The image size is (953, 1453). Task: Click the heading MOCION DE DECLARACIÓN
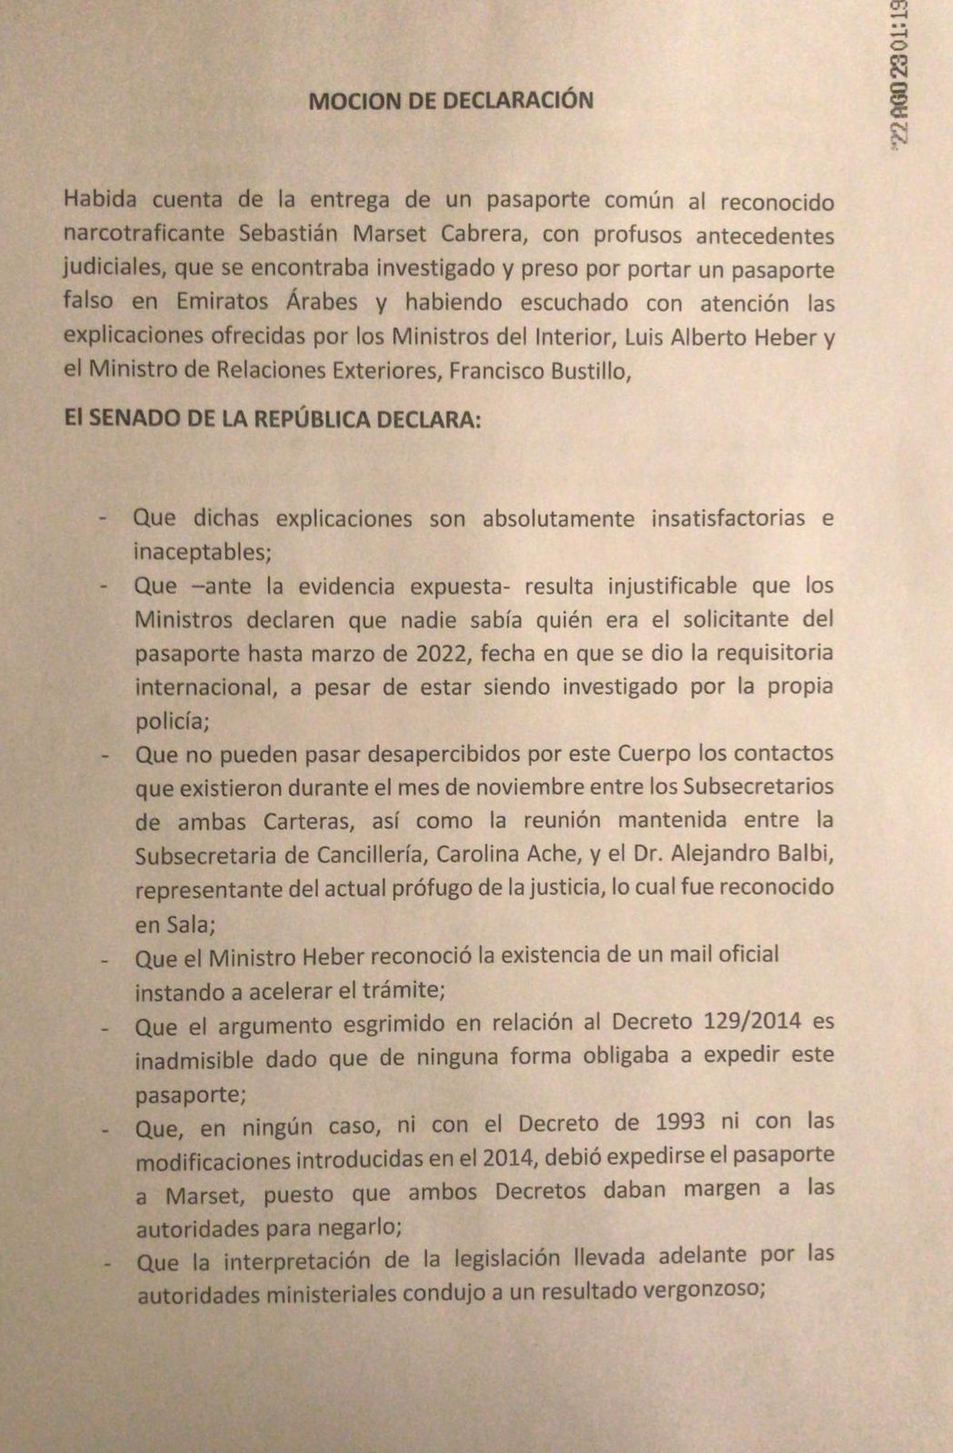pyautogui.click(x=450, y=101)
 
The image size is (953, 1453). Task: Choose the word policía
pyautogui.click(x=167, y=720)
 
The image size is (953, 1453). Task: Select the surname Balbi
pyautogui.click(x=804, y=854)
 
